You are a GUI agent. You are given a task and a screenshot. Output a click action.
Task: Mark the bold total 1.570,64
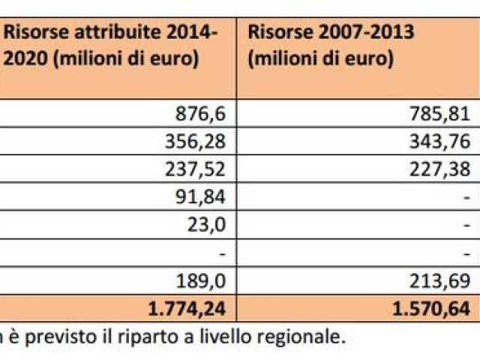[x=433, y=307]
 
